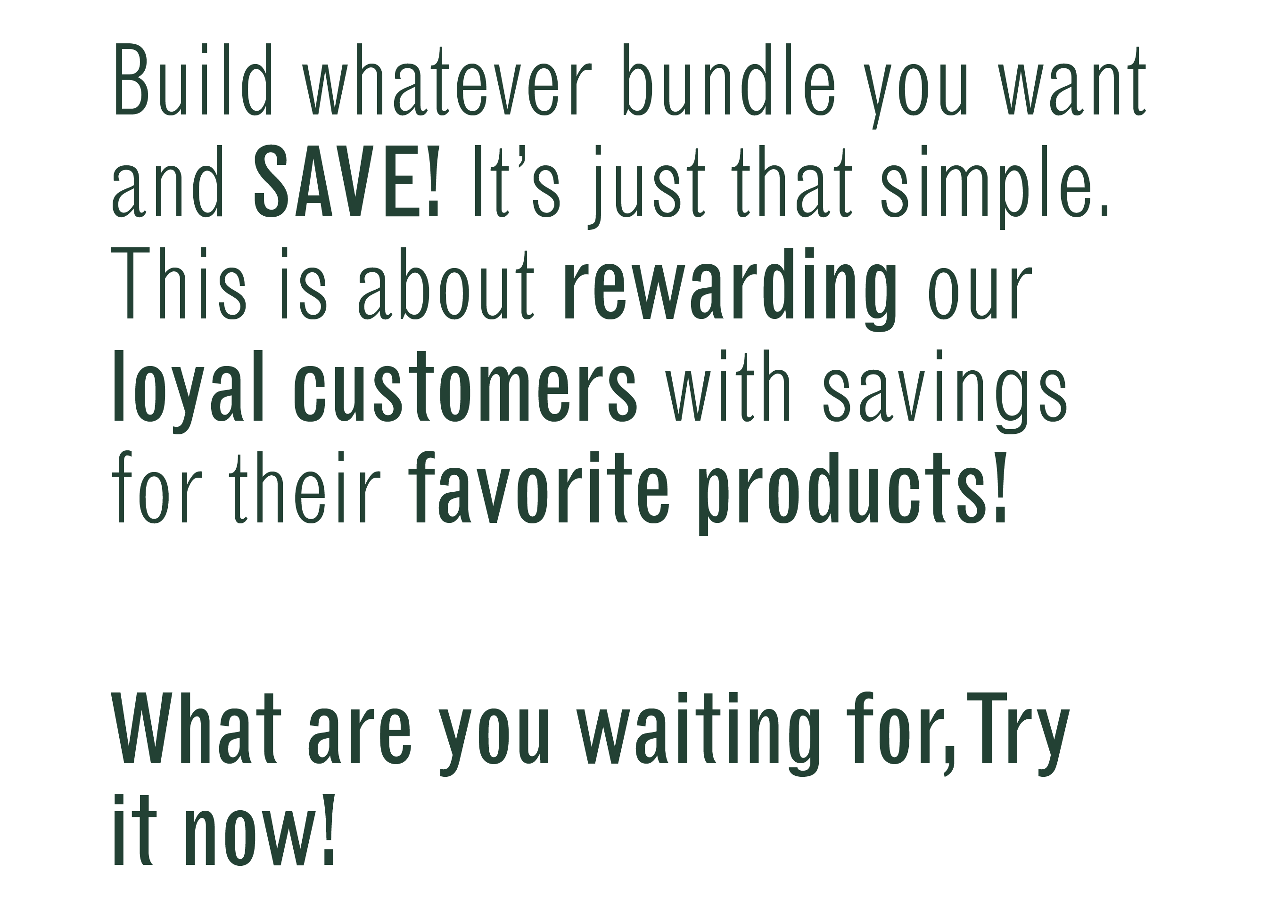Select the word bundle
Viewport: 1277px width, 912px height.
729,80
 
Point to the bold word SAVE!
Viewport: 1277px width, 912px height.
346,181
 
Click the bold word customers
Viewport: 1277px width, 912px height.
466,385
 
